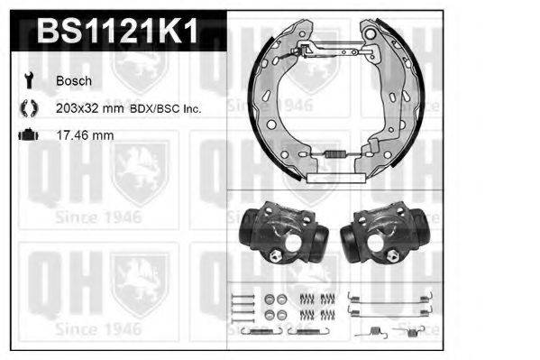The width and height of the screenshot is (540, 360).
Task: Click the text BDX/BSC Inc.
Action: (x=169, y=107)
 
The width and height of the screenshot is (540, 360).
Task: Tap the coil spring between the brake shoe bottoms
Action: (x=335, y=154)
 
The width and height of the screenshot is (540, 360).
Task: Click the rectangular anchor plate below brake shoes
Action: (x=334, y=179)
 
